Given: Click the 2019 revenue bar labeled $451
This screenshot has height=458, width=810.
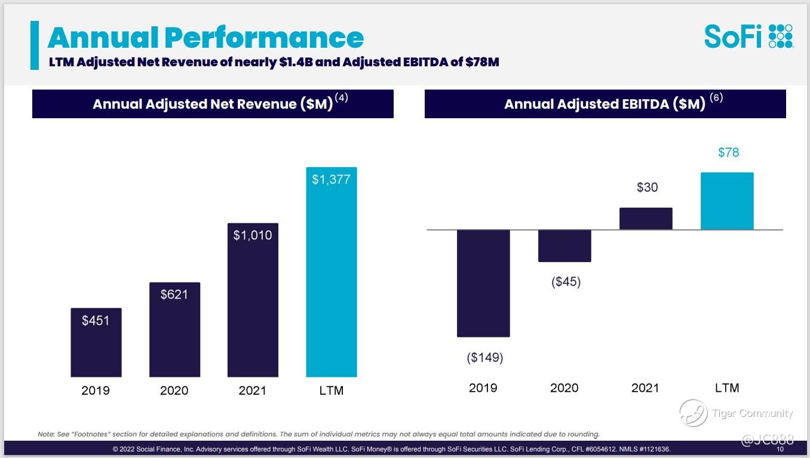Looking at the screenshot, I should click(x=96, y=343).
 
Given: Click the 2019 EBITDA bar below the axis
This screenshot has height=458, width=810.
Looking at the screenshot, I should click(x=483, y=283).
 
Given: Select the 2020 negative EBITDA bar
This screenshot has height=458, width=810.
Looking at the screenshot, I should click(x=564, y=245).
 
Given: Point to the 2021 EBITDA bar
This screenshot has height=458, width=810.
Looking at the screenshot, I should click(x=646, y=219).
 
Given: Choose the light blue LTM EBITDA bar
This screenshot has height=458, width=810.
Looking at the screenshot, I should click(x=727, y=201).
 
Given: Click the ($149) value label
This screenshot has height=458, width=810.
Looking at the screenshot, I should click(x=484, y=358).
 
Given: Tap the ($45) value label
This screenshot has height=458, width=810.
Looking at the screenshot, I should click(x=566, y=282).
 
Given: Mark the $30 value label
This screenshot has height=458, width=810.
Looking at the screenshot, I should click(x=647, y=187).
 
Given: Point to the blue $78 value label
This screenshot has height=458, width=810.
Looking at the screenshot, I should click(x=728, y=152).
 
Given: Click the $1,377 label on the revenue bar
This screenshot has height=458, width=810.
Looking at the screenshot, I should click(x=331, y=179).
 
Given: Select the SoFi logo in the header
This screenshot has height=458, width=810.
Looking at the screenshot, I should click(x=748, y=36).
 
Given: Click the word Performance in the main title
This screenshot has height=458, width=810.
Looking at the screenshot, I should click(x=264, y=38).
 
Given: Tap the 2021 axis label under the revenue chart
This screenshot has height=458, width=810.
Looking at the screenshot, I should click(x=253, y=391).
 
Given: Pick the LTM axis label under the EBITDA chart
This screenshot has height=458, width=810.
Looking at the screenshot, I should click(x=727, y=388).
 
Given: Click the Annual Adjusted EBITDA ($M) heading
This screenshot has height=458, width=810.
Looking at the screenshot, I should click(x=605, y=104).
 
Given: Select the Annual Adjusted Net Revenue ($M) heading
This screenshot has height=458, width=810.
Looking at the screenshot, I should click(x=213, y=104).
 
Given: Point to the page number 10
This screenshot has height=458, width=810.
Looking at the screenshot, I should click(x=780, y=449).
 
